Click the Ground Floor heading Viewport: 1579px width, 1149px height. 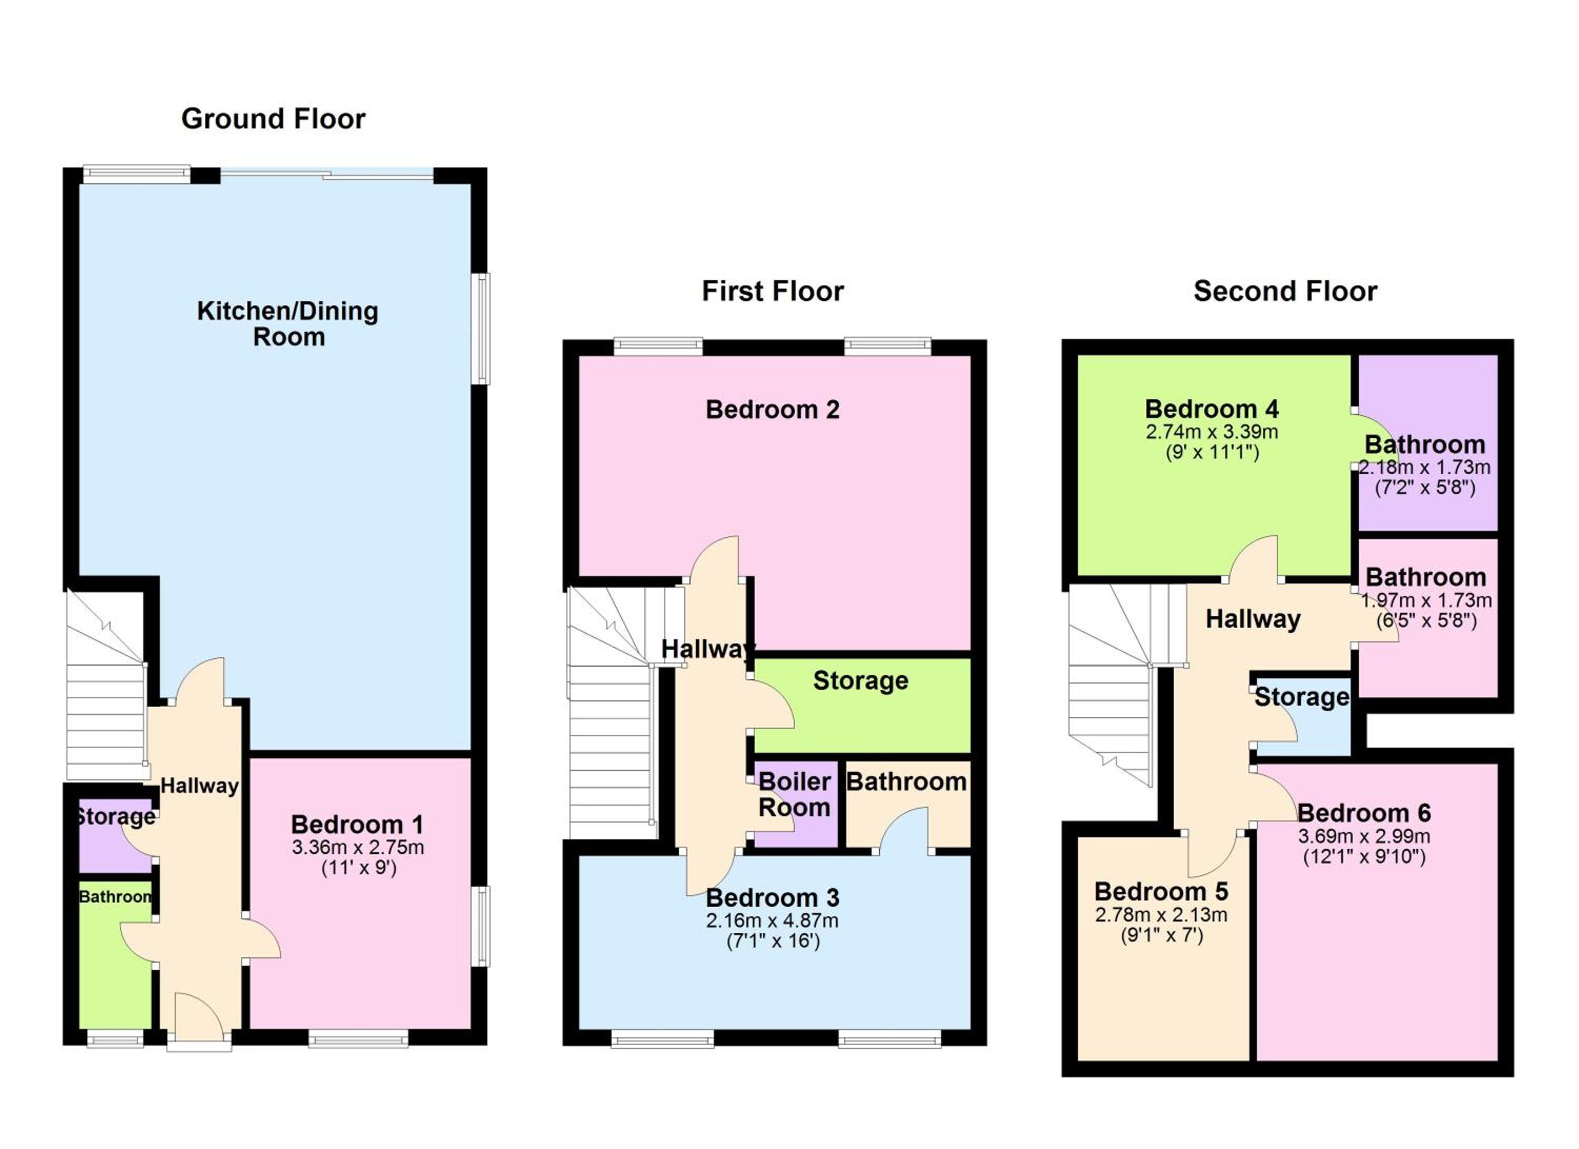[273, 119]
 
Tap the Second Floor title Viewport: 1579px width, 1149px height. [1285, 291]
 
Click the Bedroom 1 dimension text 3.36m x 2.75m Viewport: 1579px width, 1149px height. [358, 847]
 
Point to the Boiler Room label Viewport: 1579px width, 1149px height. [794, 795]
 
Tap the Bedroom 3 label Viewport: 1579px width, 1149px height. [773, 898]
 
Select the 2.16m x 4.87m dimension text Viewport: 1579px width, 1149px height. [772, 920]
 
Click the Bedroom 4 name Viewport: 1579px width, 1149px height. [1212, 409]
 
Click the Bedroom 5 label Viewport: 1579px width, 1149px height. [1161, 892]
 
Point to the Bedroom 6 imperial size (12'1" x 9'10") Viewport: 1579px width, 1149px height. [1365, 857]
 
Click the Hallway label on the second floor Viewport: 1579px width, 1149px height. [1253, 619]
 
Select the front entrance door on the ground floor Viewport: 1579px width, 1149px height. [199, 1019]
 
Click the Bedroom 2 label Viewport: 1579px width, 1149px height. [773, 410]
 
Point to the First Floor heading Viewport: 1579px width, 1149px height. [773, 291]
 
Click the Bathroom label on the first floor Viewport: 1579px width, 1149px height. [906, 781]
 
